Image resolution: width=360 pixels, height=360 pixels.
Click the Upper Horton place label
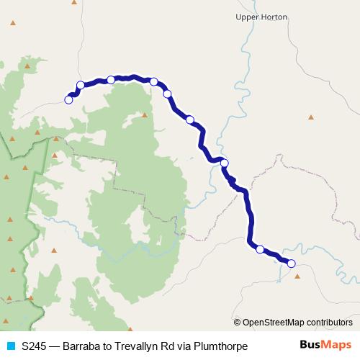[262, 17]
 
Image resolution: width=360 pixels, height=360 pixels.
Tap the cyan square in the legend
[10, 346]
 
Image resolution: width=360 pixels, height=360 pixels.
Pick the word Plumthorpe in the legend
[222, 346]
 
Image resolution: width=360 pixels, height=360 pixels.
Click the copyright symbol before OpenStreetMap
[238, 323]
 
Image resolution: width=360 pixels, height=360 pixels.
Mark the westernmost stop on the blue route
[69, 100]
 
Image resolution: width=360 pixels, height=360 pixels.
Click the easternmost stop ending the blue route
[292, 264]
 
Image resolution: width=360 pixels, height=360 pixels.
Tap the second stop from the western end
[81, 85]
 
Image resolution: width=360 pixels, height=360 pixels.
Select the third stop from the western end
[111, 80]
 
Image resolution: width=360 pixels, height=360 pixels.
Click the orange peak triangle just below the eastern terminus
[297, 275]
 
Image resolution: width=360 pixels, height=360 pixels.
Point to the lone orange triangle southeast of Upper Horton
[311, 117]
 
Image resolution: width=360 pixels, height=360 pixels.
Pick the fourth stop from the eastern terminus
[190, 120]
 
